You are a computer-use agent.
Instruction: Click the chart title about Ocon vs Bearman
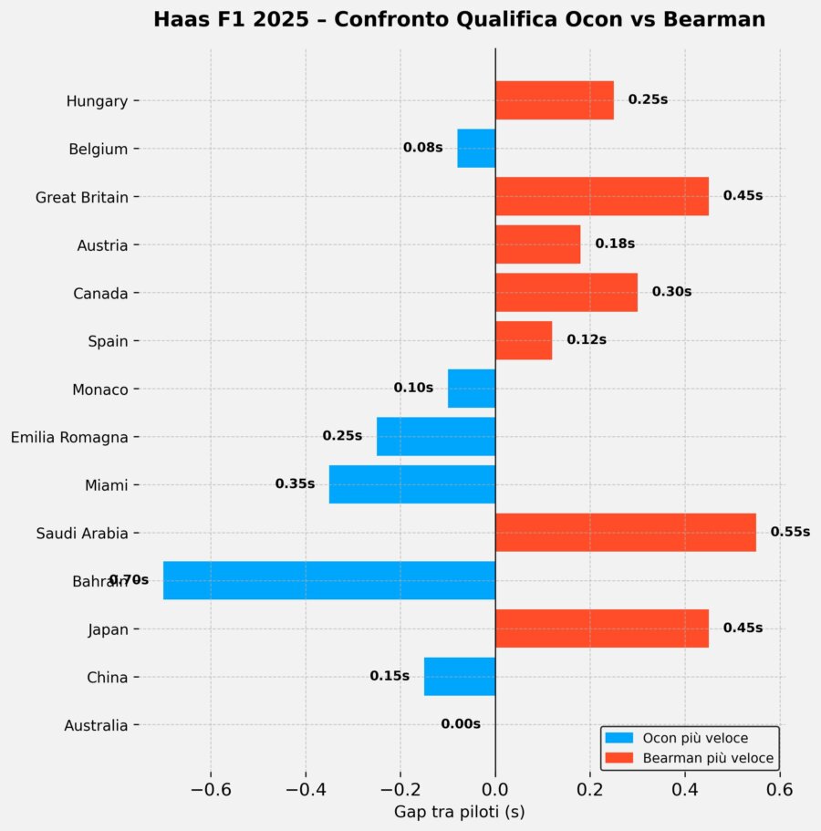pos(459,20)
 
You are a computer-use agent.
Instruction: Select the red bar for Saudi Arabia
pos(625,533)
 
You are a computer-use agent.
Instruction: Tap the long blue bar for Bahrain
pos(328,580)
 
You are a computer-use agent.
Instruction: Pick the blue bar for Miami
pos(411,484)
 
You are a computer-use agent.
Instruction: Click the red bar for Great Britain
pos(601,196)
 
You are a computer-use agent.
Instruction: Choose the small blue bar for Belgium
pos(475,148)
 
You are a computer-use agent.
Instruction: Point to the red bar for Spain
pos(523,340)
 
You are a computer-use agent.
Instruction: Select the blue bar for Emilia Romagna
pos(435,436)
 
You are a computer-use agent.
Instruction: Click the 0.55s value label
pos(790,532)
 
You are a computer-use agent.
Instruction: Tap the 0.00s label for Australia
pos(461,724)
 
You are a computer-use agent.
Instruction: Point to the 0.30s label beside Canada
pos(671,292)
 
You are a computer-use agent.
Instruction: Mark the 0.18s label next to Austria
pos(615,244)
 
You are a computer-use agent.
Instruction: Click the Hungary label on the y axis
pos(97,101)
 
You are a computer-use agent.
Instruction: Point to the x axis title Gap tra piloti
pos(459,811)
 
